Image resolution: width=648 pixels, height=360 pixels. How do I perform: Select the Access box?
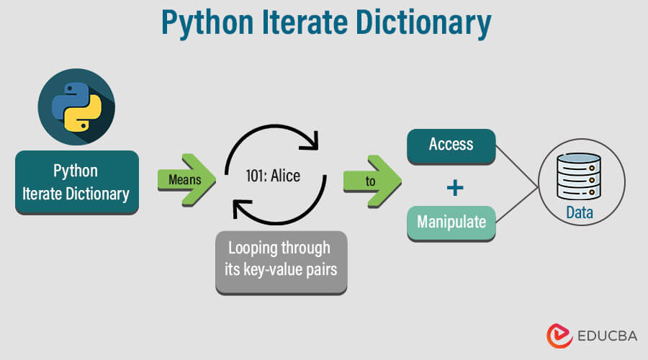pos(451,145)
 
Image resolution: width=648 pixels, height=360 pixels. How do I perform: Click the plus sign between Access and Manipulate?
pos(454,187)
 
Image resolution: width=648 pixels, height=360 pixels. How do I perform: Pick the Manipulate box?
pos(451,222)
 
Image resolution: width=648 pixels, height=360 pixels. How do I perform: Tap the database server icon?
pos(579,176)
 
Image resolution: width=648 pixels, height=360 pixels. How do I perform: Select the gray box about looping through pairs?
pos(281,261)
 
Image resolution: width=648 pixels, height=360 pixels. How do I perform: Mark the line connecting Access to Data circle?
pos(516,165)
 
